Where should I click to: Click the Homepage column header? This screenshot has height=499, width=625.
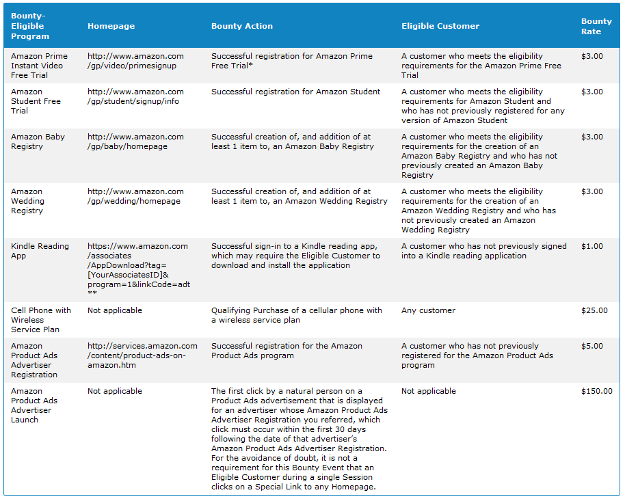(x=111, y=26)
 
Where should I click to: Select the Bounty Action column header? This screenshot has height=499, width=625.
(x=241, y=26)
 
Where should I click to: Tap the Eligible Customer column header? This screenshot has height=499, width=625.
(x=440, y=26)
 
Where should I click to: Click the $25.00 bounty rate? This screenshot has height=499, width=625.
(x=594, y=310)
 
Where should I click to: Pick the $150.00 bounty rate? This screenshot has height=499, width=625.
(x=596, y=391)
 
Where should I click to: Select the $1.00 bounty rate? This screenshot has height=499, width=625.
(x=592, y=246)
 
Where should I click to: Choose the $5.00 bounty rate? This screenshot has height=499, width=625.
(x=592, y=346)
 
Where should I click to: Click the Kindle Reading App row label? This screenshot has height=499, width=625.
(x=40, y=251)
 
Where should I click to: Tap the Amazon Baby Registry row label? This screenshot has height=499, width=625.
(x=38, y=141)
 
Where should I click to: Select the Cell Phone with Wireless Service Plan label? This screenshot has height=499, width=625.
(x=40, y=320)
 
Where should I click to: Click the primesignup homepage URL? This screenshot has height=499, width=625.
(x=135, y=61)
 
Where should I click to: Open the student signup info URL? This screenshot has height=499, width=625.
(x=135, y=96)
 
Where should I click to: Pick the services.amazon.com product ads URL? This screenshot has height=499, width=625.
(x=142, y=355)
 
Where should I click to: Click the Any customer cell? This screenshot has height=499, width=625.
(x=428, y=310)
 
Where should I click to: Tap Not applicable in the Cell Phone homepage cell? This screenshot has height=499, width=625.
(x=115, y=310)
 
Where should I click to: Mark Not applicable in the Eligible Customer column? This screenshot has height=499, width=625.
(x=429, y=391)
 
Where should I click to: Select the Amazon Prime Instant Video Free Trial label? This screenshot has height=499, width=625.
(x=39, y=66)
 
